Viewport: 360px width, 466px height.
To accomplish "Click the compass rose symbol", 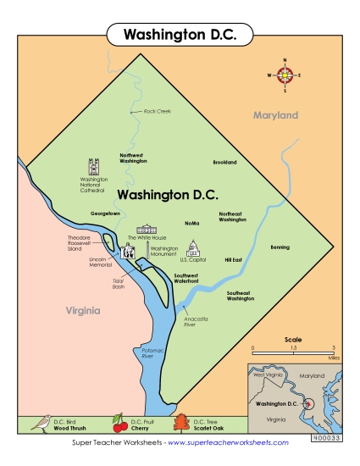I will coord(285,75).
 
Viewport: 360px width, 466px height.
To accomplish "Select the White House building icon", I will coord(148,229).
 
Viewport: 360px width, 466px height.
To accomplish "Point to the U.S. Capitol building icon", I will coord(193,247).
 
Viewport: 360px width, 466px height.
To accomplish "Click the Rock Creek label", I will coord(157,111).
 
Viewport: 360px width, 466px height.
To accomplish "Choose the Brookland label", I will coord(224,162).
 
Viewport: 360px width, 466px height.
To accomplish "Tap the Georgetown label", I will coord(106,214).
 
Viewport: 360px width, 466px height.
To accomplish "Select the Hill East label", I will coord(233,259).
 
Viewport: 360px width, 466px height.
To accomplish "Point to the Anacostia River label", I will coord(195,320).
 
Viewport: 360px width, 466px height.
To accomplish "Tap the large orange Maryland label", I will coord(275,114).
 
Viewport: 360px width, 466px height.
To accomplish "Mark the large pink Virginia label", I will coord(83,311).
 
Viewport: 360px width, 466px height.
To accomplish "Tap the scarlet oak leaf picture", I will coord(181,424).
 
